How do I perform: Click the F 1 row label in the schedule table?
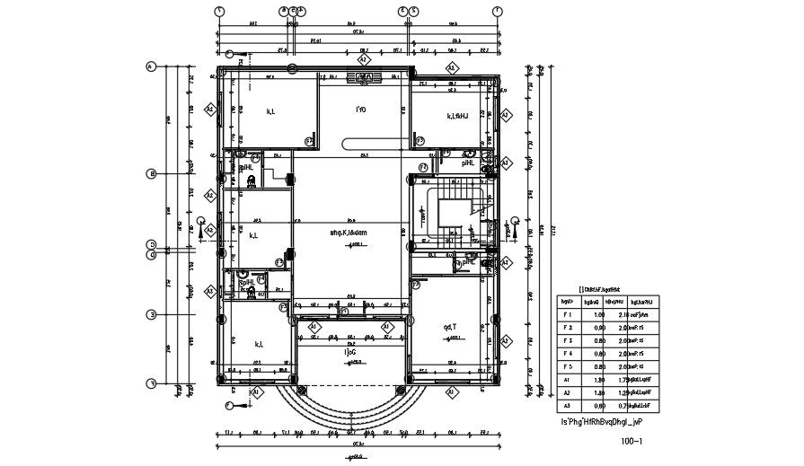point(567,315)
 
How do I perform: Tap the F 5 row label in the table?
point(567,366)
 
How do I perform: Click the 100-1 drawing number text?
point(632,442)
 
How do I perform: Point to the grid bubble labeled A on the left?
point(152,66)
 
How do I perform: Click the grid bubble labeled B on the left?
point(152,174)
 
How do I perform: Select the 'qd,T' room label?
point(450,327)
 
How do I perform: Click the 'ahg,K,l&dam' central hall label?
point(349,233)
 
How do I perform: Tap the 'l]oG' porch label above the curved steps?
point(349,353)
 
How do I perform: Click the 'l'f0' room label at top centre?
point(360,110)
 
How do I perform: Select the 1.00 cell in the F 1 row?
point(593,315)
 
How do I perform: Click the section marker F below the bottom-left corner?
point(229,406)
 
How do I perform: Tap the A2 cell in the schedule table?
point(567,392)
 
